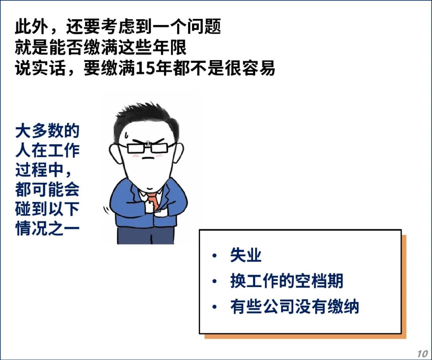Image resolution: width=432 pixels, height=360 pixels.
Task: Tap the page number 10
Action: pyautogui.click(x=422, y=354)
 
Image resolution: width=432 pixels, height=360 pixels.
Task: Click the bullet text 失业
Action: pyautogui.click(x=246, y=255)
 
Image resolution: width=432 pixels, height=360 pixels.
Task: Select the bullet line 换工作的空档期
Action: pyautogui.click(x=286, y=281)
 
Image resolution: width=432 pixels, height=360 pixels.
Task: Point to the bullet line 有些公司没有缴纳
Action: pyautogui.click(x=294, y=306)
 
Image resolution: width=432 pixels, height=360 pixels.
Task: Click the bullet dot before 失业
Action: pyautogui.click(x=215, y=255)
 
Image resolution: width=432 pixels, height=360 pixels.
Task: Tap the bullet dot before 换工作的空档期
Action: pyautogui.click(x=215, y=281)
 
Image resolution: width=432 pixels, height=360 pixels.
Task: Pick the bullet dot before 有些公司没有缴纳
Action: pyautogui.click(x=215, y=307)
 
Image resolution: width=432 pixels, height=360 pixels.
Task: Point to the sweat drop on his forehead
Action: pyautogui.click(x=126, y=135)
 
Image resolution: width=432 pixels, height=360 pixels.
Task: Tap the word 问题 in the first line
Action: pyautogui.click(x=204, y=27)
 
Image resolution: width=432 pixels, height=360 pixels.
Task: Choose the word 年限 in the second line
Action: pyautogui.click(x=170, y=47)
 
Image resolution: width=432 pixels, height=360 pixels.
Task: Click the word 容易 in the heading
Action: pyautogui.click(x=259, y=68)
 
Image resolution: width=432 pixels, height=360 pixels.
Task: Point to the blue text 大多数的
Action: pyautogui.click(x=47, y=131)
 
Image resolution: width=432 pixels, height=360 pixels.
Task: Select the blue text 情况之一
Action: pyautogui.click(x=47, y=228)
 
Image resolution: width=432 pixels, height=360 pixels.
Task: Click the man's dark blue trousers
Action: pyautogui.click(x=146, y=235)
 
